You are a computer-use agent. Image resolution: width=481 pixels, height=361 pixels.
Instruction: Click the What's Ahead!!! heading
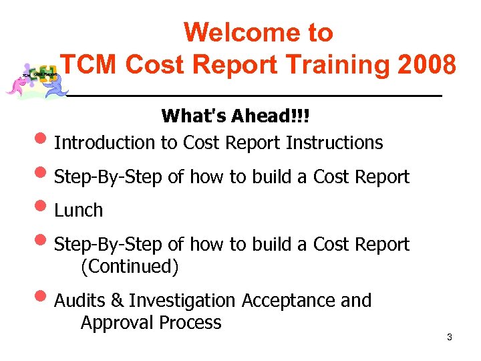(236, 116)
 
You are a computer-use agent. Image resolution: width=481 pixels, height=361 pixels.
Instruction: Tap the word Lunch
(78, 210)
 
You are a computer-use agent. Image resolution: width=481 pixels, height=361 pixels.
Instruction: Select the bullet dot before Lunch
(43, 209)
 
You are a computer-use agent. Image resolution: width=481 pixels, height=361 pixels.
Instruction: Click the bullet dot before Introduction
(43, 142)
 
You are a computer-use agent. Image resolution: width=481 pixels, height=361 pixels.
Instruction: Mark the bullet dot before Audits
(43, 300)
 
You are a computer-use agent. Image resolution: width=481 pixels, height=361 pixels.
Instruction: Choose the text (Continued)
(130, 267)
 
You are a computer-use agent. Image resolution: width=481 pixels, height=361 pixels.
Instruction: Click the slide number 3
(449, 337)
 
